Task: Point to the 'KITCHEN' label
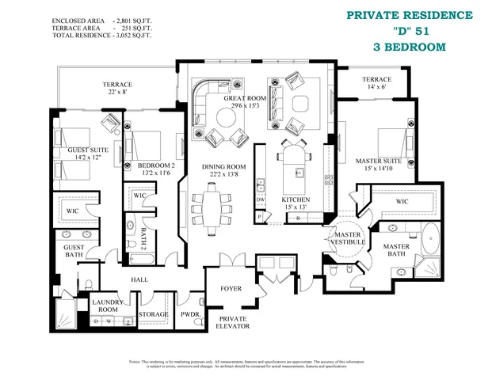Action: click(x=296, y=199)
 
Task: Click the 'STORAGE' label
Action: click(x=154, y=314)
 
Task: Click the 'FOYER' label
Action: click(x=230, y=288)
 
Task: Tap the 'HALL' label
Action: click(x=139, y=279)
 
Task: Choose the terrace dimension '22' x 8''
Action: click(x=116, y=93)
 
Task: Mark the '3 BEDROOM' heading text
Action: click(x=409, y=47)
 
